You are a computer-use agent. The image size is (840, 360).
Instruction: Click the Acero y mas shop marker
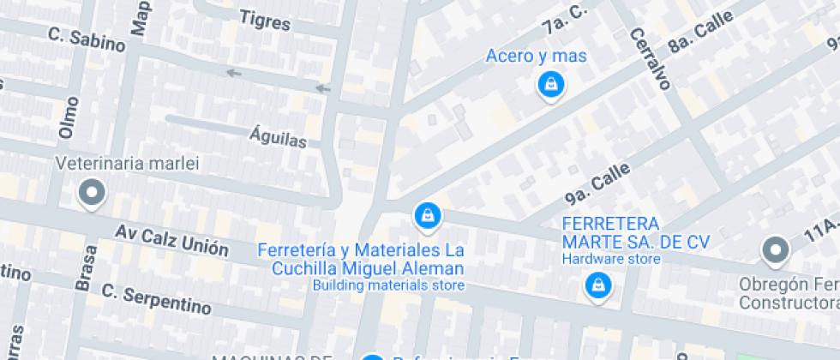click(550, 84)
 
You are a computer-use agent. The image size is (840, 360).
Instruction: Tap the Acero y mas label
click(536, 57)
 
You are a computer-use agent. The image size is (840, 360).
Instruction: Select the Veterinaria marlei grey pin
click(92, 193)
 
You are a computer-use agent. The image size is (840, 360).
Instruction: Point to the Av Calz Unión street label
click(172, 240)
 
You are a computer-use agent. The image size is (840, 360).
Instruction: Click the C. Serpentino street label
click(156, 297)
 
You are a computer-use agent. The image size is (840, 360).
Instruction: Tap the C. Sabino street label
click(87, 39)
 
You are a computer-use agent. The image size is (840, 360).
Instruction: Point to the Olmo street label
click(68, 117)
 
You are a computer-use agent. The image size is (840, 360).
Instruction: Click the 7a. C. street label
click(564, 21)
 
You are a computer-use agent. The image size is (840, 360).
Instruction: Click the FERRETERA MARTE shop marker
click(597, 285)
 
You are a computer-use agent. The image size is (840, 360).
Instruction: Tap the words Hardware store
click(611, 259)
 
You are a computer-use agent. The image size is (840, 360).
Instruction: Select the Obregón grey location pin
click(776, 250)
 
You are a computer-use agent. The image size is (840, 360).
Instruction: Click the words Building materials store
click(387, 285)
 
